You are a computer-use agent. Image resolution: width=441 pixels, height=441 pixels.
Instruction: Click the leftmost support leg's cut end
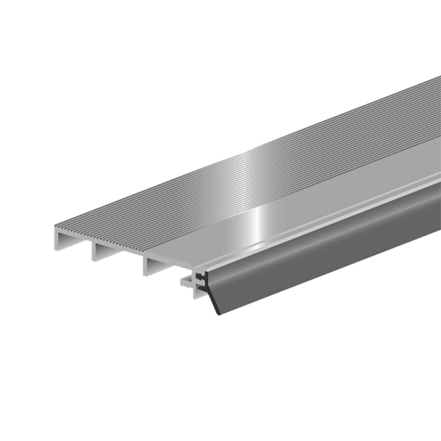coord(57,240)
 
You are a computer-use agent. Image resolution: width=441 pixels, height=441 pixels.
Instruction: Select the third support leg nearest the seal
coord(146,267)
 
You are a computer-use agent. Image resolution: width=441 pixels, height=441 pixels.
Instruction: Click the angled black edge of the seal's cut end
coord(212,303)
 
